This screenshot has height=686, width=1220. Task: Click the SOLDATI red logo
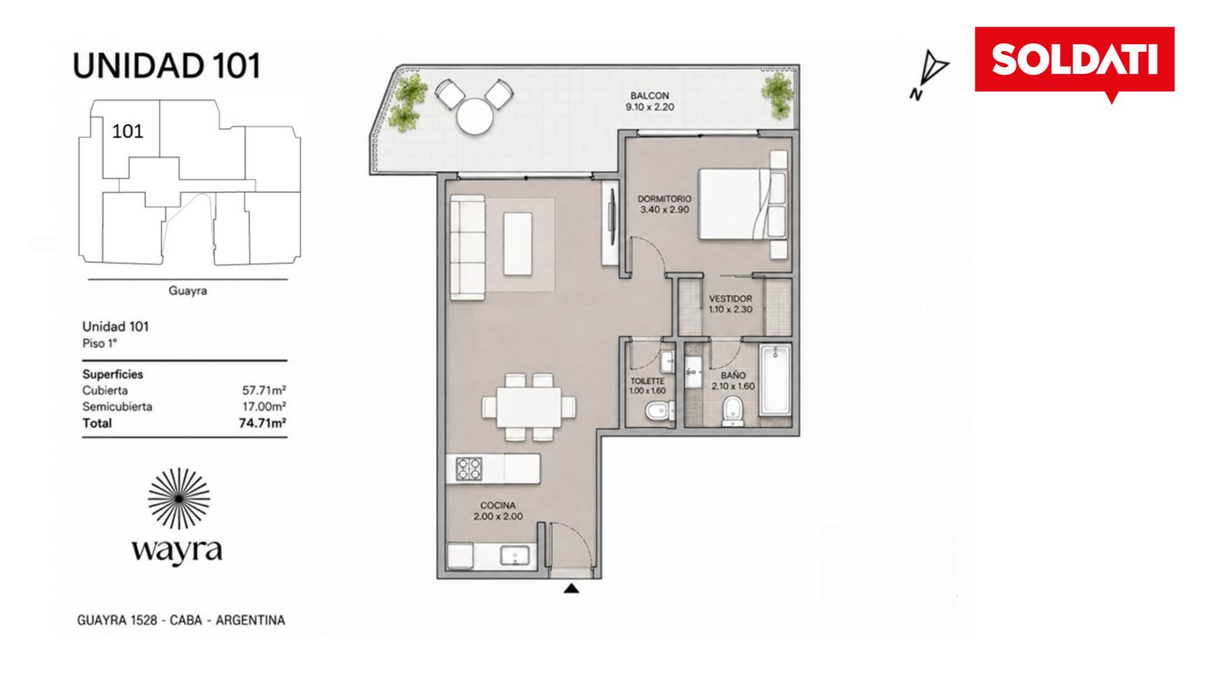click(1074, 61)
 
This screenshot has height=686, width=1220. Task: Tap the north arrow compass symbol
click(930, 75)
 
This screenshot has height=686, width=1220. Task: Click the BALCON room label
click(649, 96)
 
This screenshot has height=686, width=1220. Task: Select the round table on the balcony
click(475, 116)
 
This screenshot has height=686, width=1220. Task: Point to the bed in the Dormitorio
click(743, 204)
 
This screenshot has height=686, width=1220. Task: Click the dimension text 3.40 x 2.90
click(664, 210)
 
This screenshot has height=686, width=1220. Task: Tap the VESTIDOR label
click(730, 299)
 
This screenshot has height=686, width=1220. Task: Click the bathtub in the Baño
click(775, 380)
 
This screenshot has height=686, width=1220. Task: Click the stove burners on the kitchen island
click(469, 469)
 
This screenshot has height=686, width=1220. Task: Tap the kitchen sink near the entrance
click(515, 556)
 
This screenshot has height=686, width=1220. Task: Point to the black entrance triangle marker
click(571, 588)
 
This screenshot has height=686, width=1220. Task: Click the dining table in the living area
click(529, 407)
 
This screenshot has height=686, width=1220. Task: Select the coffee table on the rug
click(518, 244)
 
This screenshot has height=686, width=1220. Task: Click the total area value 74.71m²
click(262, 423)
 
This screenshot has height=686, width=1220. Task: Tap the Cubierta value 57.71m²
click(264, 390)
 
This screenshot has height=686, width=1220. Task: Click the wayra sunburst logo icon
click(179, 498)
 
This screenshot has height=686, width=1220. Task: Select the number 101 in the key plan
click(127, 131)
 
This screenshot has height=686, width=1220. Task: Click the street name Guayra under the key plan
click(188, 290)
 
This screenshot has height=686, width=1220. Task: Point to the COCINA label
click(498, 506)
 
